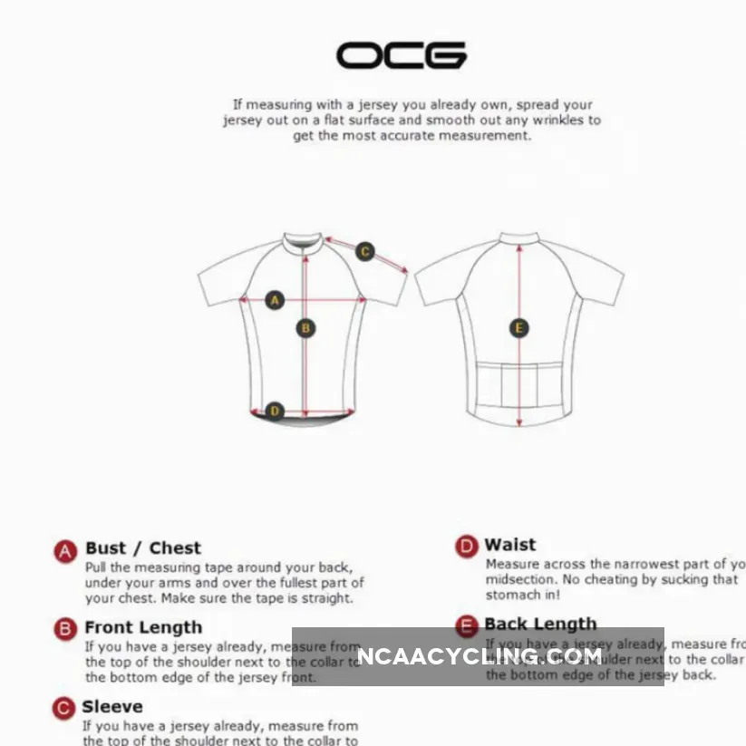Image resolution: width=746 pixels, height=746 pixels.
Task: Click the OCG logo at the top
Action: tap(402, 56)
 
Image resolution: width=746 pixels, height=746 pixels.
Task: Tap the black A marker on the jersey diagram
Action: tap(276, 300)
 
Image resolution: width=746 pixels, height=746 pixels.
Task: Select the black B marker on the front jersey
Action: tap(306, 328)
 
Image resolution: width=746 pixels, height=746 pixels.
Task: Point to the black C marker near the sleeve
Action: tap(365, 251)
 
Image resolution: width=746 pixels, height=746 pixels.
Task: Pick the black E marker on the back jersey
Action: tap(519, 328)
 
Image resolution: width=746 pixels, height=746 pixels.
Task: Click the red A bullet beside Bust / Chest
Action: tap(64, 550)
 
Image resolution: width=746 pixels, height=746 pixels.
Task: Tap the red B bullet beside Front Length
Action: tap(64, 629)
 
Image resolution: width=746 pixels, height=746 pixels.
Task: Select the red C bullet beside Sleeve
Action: tap(63, 708)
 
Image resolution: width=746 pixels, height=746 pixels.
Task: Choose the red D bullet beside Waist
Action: tap(466, 547)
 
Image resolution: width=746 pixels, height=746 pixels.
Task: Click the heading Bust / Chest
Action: tap(143, 547)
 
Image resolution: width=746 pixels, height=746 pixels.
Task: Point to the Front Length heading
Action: tap(143, 627)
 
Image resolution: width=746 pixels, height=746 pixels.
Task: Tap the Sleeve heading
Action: tap(112, 706)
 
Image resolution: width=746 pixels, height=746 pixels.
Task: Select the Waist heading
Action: tap(510, 545)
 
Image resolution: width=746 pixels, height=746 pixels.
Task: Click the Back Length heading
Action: tap(540, 624)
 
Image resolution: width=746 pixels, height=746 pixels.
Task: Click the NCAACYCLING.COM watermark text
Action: tap(479, 655)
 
